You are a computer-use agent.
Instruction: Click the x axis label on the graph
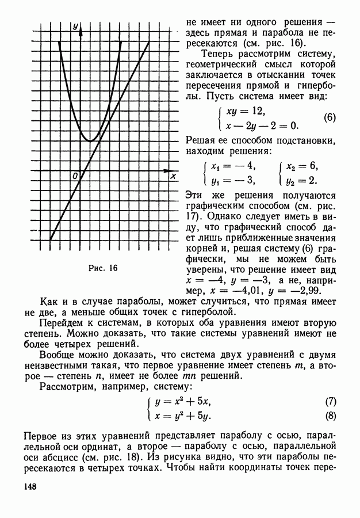pos(173,177)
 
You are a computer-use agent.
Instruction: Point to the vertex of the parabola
pos(90,140)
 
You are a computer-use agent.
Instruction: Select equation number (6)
pos(330,117)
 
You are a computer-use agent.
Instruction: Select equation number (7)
pos(330,402)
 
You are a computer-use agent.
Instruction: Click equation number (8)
pos(330,416)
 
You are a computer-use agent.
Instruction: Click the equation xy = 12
pos(246,110)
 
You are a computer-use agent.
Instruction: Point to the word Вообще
pos(58,363)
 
